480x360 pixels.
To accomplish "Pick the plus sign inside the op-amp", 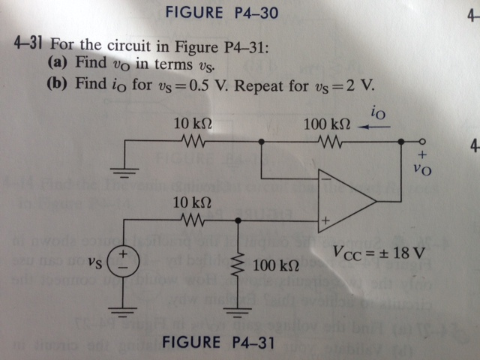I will [x=325, y=222].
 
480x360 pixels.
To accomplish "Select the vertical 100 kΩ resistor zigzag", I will [x=238, y=265].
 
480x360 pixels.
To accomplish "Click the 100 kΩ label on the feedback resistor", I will [x=324, y=121].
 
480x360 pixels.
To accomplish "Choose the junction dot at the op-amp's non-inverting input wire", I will [x=238, y=221].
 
